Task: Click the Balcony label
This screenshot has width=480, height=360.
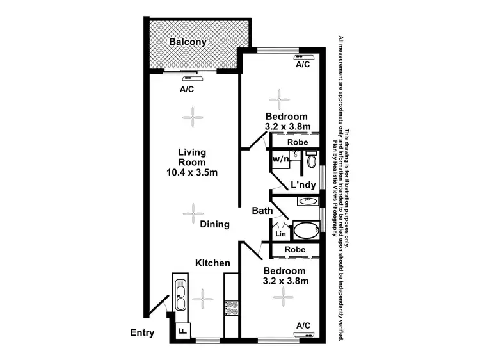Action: [x=188, y=42]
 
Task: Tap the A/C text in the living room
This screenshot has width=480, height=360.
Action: [x=187, y=90]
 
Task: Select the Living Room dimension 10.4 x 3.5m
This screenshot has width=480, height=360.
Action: [x=192, y=172]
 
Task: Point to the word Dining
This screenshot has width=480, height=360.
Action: [x=214, y=224]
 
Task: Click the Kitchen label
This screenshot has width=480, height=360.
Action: [x=212, y=263]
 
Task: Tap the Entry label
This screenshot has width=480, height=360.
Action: [x=142, y=332]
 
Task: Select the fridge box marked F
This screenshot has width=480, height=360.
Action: [x=182, y=331]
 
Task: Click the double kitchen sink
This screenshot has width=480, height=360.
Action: [x=180, y=295]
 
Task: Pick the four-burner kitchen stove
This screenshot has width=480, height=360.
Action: [x=230, y=307]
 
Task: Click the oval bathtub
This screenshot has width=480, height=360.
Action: [x=306, y=231]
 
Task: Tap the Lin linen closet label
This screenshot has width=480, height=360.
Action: [x=280, y=234]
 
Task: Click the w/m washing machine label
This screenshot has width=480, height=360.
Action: [x=280, y=158]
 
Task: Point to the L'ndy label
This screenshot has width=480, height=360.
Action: [x=303, y=185]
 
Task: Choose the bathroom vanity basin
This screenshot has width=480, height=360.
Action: [x=307, y=201]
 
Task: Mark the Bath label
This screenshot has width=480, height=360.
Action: [x=262, y=211]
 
